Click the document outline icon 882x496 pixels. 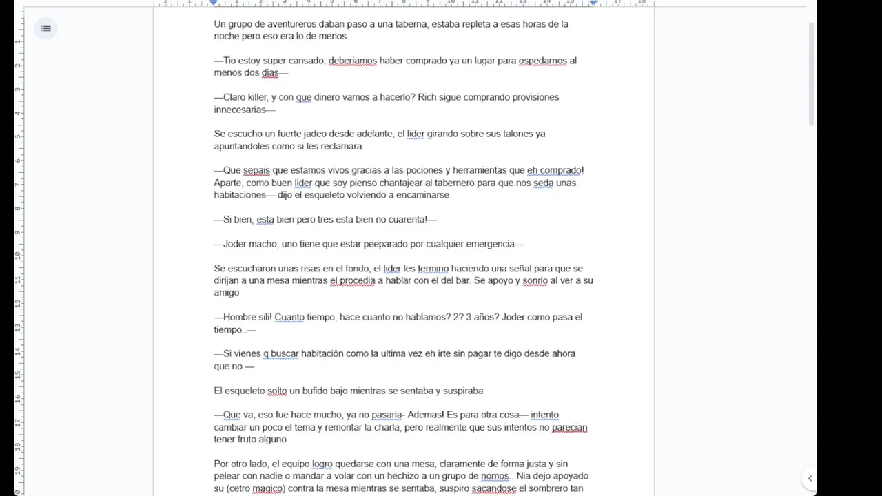(46, 28)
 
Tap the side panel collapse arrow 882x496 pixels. (810, 478)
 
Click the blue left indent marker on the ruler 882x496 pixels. (214, 3)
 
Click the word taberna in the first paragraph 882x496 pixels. (434, 24)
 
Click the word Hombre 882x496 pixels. (240, 317)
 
